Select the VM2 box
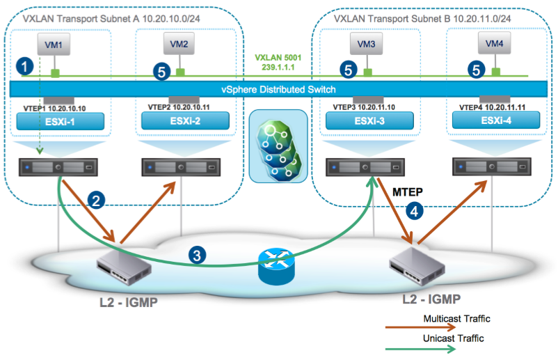179,45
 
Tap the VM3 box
365,45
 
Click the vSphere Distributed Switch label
278,89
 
